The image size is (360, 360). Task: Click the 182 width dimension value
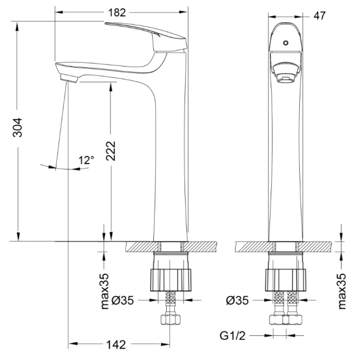point(117,13)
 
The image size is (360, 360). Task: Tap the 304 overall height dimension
point(18,127)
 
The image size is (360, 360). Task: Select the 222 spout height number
point(111,151)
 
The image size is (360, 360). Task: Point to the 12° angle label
point(86,160)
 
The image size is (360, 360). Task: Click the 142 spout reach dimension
point(116,345)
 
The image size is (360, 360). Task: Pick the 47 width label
point(319,16)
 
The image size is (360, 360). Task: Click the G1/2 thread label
point(233,336)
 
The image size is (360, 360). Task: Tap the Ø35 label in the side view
point(122,300)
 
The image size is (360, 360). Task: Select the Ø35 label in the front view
point(237,300)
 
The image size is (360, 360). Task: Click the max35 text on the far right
point(342,291)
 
